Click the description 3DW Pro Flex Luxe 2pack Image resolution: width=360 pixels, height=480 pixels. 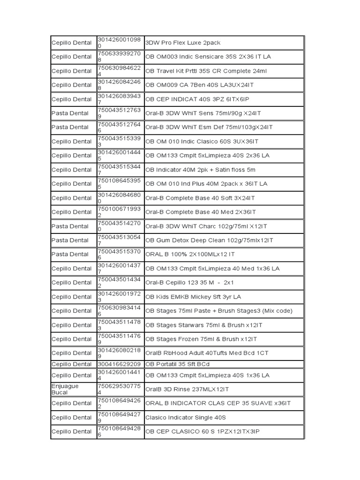coord(183,43)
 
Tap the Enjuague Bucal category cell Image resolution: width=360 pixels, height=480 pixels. coord(65,389)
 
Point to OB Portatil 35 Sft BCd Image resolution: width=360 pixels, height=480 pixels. coord(177,364)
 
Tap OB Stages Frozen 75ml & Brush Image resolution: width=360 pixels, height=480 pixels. coord(201,339)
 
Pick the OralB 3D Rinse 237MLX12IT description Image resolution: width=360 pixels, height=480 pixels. coord(187,389)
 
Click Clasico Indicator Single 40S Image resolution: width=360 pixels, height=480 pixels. coord(186,417)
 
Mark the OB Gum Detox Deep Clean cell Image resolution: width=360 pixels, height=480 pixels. coord(209,240)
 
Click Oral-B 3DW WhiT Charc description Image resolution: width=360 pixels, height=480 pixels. coord(206,226)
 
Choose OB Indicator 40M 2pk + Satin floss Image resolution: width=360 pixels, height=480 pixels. coord(200,170)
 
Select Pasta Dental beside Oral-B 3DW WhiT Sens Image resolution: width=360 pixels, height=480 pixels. coord(70,113)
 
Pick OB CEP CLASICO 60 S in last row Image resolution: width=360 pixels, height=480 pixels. coord(202,431)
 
